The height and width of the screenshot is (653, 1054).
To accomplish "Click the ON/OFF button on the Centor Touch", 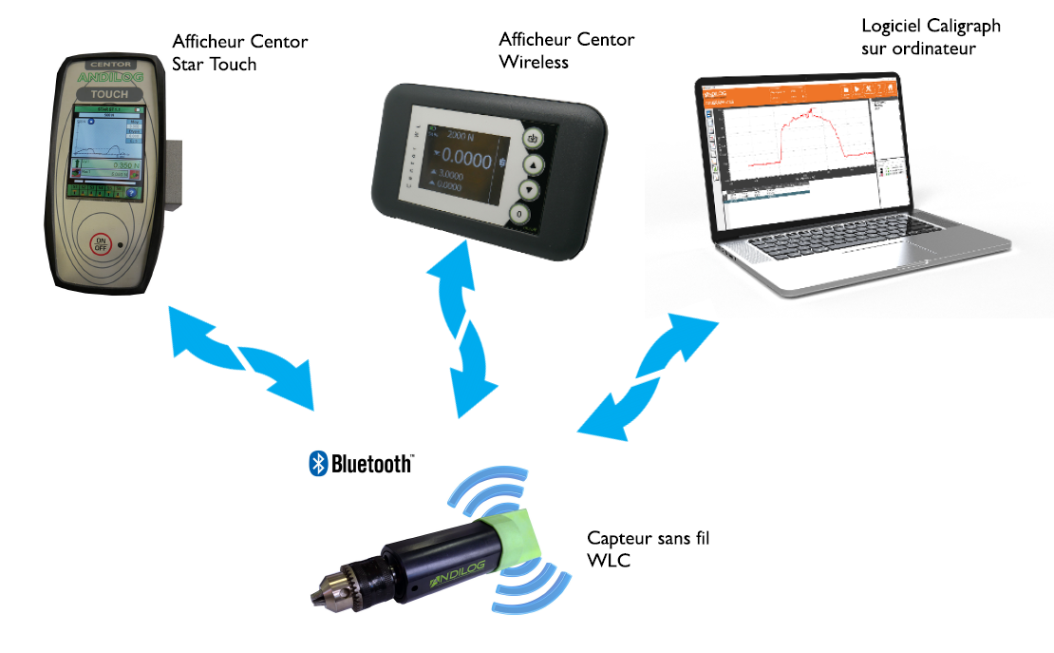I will pos(102,243).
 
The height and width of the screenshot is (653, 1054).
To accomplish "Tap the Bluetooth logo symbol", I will pos(318,464).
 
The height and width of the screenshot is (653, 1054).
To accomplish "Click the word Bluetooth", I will pos(371,464).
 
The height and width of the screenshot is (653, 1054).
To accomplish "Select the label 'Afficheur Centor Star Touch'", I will pos(239,53).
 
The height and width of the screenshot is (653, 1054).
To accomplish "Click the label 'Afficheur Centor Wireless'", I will pos(566,50).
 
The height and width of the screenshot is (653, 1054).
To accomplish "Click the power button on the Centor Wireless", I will pos(533,138).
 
